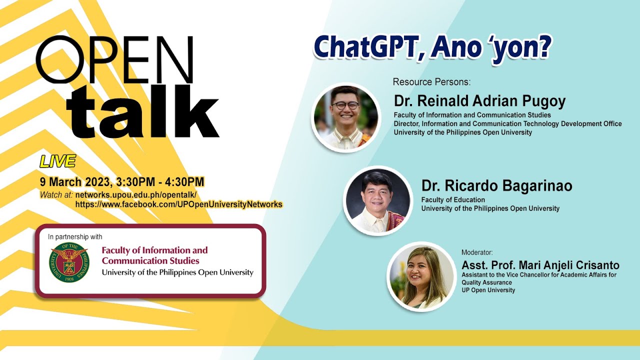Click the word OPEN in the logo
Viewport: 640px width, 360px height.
click(114, 59)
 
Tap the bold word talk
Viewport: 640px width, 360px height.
click(143, 110)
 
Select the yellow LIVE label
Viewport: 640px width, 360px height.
click(57, 161)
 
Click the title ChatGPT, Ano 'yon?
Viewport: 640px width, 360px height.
click(432, 47)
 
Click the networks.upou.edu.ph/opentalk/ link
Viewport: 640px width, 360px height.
click(136, 195)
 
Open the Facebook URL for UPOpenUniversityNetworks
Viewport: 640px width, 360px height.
click(179, 204)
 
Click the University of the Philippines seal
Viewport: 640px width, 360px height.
click(69, 262)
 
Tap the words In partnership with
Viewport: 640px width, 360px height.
click(75, 236)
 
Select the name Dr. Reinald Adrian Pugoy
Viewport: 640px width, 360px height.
click(479, 101)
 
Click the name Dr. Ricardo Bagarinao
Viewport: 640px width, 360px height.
click(497, 185)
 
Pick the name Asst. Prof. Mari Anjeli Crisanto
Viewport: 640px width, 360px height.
click(540, 265)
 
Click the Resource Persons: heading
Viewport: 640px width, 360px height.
click(431, 82)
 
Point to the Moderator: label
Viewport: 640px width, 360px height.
click(477, 252)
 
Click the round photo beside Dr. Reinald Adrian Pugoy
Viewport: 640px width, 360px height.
click(346, 117)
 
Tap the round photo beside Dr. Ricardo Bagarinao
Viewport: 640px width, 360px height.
click(377, 200)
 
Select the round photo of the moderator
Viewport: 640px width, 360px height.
click(421, 276)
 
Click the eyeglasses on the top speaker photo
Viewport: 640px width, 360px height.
click(345, 105)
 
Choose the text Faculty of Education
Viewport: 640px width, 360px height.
click(453, 199)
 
